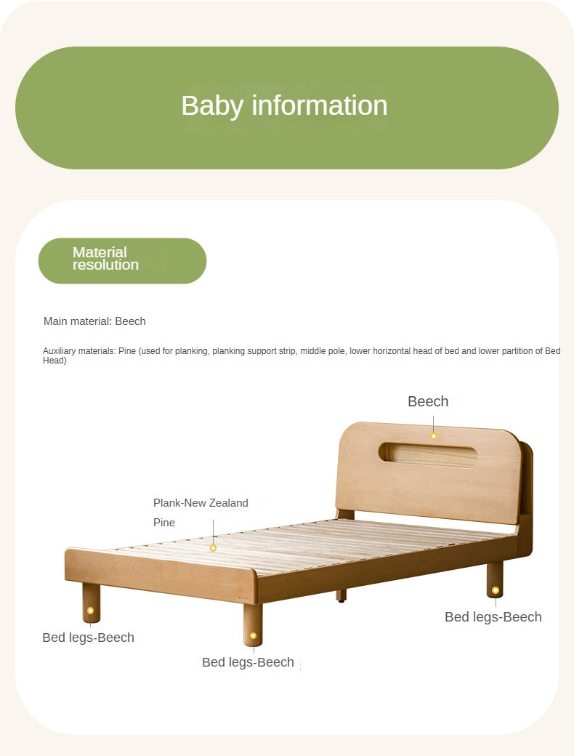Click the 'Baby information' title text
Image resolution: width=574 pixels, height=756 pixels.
pos(284,105)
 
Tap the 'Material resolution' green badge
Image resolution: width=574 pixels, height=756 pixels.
pos(122,261)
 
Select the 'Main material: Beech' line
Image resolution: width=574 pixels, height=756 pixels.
pos(94,321)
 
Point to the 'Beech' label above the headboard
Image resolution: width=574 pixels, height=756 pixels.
pos(428,401)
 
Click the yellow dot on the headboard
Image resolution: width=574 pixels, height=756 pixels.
pos(433,436)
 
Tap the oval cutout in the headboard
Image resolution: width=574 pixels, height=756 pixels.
pos(427,454)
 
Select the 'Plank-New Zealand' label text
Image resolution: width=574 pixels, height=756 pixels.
pos(201,503)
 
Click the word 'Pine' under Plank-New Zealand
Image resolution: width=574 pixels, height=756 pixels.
pos(164,523)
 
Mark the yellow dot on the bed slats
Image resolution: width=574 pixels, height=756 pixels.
pos(213,547)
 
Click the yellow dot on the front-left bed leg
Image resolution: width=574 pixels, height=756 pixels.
pos(90,611)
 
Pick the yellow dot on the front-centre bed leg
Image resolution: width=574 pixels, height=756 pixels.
pos(253,635)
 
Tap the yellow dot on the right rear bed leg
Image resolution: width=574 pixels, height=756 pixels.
pos(495,590)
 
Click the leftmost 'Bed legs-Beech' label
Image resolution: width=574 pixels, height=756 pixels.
pos(88,638)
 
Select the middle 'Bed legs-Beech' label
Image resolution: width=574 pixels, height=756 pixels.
pos(248,662)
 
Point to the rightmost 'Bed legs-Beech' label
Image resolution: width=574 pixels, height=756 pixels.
pos(493,617)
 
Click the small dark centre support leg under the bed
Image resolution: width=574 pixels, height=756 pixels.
pos(341,596)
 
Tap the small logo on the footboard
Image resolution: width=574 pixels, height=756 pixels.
pos(244,598)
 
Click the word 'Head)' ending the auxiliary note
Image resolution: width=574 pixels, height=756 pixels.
pos(54,361)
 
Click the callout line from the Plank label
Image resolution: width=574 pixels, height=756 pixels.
pos(213,532)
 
